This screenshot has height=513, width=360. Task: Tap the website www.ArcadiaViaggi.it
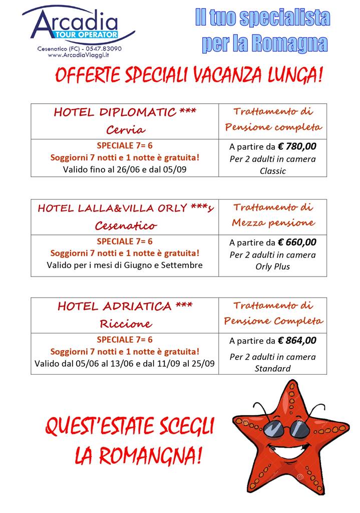pos(80,56)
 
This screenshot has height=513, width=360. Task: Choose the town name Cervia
pos(125,130)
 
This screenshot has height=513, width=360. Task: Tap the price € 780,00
pos(297,146)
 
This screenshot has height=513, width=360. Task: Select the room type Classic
pos(273,171)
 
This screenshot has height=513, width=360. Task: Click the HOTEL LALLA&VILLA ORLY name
pos(125,208)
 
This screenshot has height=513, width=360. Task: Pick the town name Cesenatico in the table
pos(125,225)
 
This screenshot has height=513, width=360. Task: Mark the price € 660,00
pos(297,242)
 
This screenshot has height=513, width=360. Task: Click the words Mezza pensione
pos(273,222)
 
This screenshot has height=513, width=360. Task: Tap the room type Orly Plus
pos(273,267)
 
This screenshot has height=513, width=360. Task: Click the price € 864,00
pos(297,341)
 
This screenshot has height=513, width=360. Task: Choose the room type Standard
pos(273,369)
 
